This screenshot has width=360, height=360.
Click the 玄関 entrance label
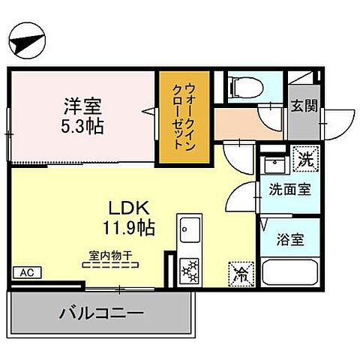tap(304, 105)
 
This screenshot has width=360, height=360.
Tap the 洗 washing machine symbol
tap(306, 159)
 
